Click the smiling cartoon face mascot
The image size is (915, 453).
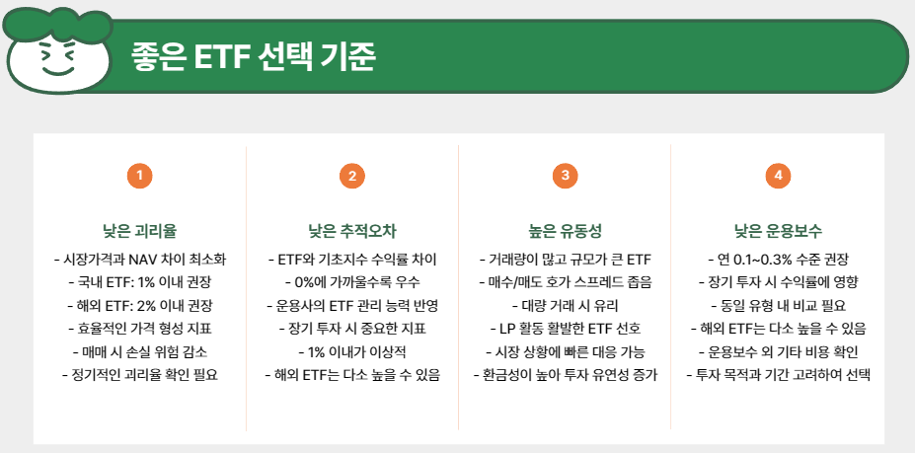pyautogui.click(x=57, y=56)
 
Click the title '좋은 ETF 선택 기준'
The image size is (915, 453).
pyautogui.click(x=254, y=57)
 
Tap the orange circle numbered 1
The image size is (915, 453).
pyautogui.click(x=140, y=177)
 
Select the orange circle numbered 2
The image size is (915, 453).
pyautogui.click(x=352, y=177)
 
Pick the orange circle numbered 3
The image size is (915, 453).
pyautogui.click(x=565, y=177)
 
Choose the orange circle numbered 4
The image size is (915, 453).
pyautogui.click(x=778, y=177)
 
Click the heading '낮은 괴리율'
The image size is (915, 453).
pyautogui.click(x=140, y=232)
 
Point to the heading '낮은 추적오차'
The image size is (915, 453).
pyautogui.click(x=352, y=232)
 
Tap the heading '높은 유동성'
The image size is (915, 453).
pyautogui.click(x=565, y=232)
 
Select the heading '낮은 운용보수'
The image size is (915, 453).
pyautogui.click(x=778, y=232)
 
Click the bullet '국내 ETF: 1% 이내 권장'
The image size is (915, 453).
pyautogui.click(x=140, y=282)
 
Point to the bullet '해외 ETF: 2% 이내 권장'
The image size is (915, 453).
pyautogui.click(x=140, y=305)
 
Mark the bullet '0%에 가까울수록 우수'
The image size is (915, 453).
pyautogui.click(x=352, y=282)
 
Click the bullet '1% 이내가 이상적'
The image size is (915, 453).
pyautogui.click(x=352, y=351)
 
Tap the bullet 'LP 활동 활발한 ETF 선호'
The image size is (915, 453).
pyautogui.click(x=565, y=328)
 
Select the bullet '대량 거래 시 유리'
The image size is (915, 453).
pyautogui.click(x=565, y=305)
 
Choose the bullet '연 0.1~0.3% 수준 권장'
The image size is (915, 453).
pyautogui.click(x=778, y=260)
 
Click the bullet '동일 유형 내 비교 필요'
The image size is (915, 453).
pyautogui.click(x=778, y=305)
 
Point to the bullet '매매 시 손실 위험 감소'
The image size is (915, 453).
pyautogui.click(x=140, y=351)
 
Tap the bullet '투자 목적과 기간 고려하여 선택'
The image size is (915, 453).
pyautogui.click(x=778, y=374)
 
